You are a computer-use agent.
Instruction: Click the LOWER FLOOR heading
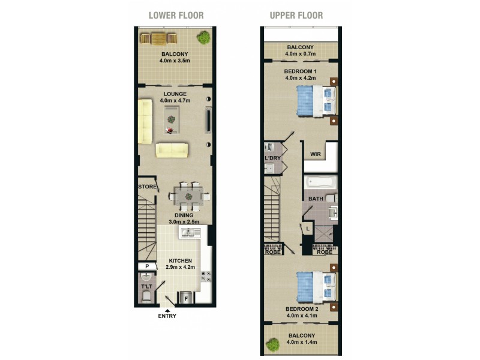point(176,15)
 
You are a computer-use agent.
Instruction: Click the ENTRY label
point(167,316)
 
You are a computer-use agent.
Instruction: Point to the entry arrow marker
point(167,309)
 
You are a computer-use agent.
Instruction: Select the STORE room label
point(147,187)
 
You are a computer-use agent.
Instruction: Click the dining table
point(188,196)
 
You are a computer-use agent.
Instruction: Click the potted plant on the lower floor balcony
point(205,38)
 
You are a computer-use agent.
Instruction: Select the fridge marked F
point(186,298)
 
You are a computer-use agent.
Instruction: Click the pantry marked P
point(146,266)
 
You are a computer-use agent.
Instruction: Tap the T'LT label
point(146,286)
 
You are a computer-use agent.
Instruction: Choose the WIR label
point(314,154)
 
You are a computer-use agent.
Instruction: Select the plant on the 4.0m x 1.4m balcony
point(273,345)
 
